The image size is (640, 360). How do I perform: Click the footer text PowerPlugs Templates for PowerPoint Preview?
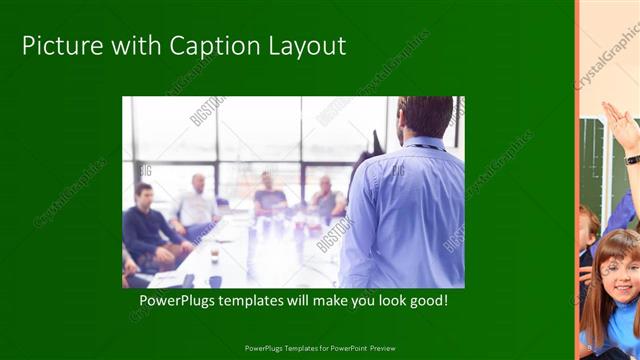click(320, 348)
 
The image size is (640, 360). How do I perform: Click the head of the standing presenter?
click(424, 118)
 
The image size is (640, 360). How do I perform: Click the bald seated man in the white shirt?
click(196, 205)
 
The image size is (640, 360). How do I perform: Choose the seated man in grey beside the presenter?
click(325, 200)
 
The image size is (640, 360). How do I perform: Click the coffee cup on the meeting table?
click(214, 256)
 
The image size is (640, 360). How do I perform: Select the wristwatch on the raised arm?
click(632, 159)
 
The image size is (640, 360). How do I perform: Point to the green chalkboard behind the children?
click(598, 160)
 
